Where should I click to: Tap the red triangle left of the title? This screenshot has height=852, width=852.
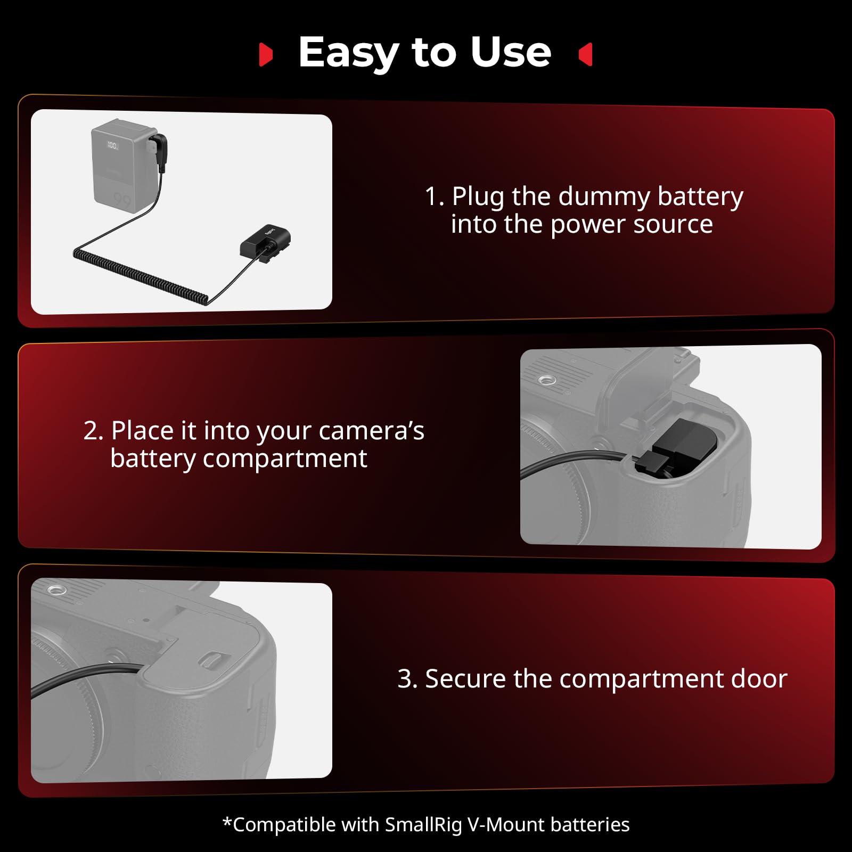click(x=265, y=55)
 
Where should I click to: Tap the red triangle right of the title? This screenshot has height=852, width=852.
click(x=586, y=55)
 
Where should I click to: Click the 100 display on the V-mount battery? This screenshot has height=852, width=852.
click(x=112, y=145)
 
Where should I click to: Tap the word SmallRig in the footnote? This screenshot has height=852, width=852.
click(x=423, y=824)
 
